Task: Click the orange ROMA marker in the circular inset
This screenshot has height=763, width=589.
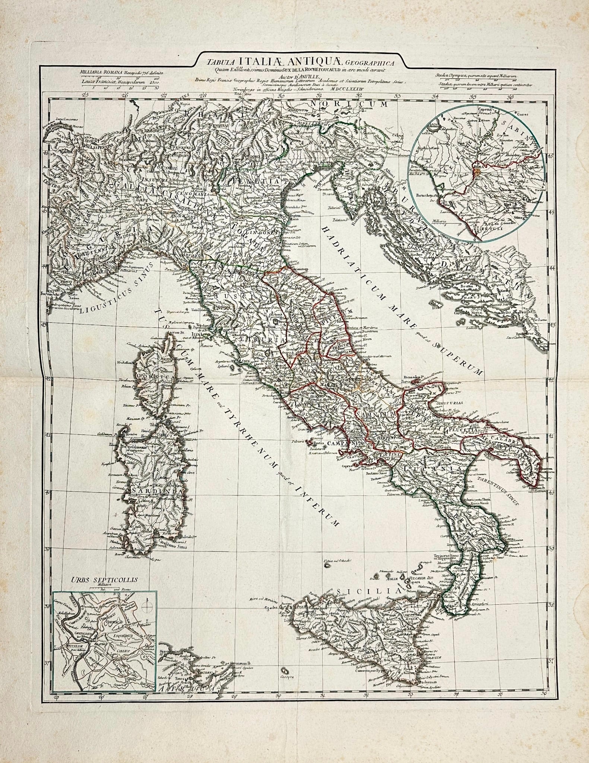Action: coord(478,171)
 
